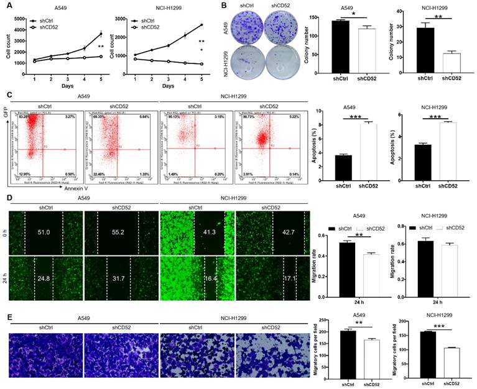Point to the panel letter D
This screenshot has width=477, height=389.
pyautogui.click(x=9, y=200)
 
